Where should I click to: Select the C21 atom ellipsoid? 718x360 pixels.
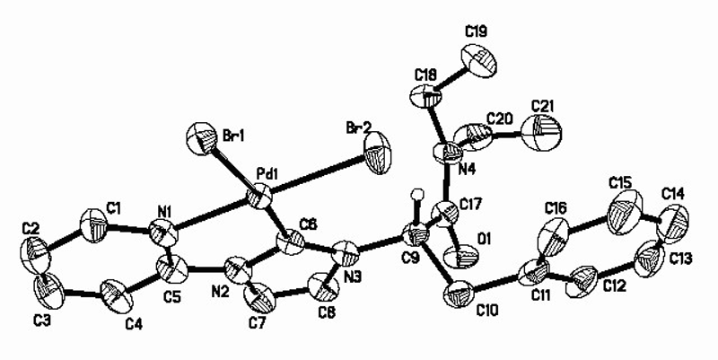pos(548,129)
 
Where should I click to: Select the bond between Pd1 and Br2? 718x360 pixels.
pos(320,172)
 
